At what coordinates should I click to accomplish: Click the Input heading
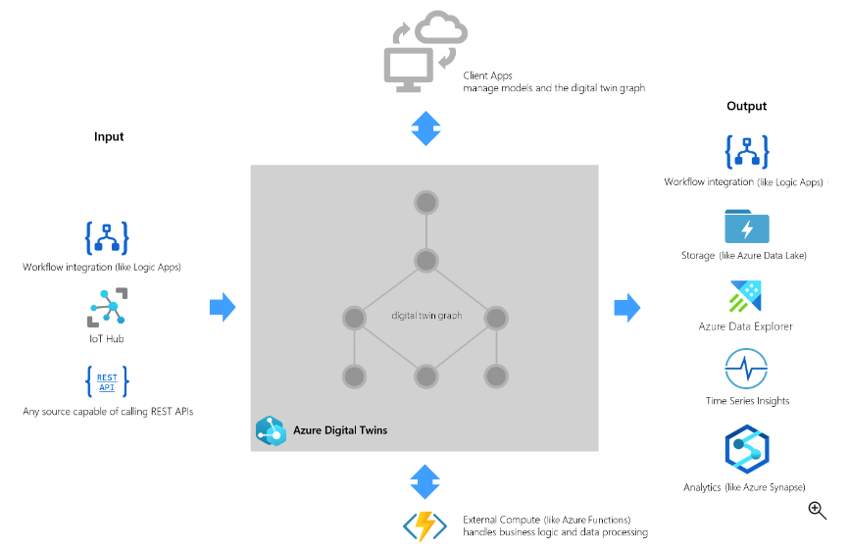109,136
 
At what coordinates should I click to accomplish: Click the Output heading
746,106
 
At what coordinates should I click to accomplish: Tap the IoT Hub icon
108,307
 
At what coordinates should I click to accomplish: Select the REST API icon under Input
107,380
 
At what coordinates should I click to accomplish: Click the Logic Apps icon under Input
107,238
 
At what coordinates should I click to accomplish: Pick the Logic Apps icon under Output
747,152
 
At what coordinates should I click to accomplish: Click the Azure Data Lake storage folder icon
747,225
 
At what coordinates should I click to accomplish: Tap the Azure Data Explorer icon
746,297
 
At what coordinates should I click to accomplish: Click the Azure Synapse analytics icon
746,450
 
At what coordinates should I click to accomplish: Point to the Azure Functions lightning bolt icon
425,525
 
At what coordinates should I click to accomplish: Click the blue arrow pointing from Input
224,307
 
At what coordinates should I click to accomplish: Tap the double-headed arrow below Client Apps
425,128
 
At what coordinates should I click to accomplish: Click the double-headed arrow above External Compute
425,481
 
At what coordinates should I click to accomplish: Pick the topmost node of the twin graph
425,203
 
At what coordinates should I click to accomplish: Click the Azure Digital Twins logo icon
270,430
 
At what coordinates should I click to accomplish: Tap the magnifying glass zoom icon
817,509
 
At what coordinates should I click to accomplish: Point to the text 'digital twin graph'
426,316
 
